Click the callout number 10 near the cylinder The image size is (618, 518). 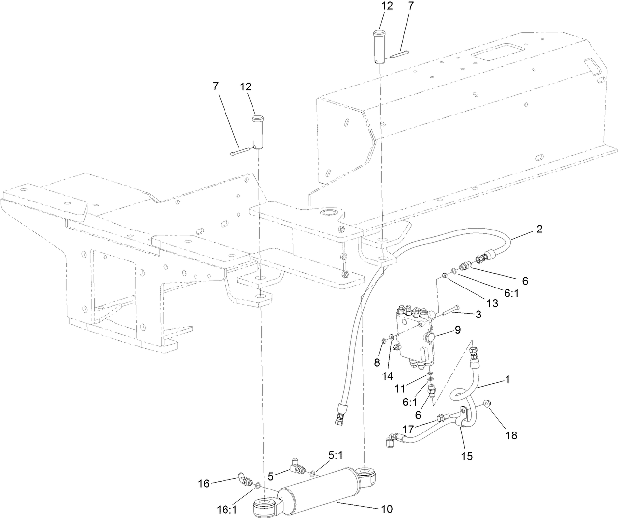[387, 509]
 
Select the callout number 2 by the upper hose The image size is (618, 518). [539, 230]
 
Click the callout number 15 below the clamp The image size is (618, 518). [466, 456]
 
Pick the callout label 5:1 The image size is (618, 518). [336, 456]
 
